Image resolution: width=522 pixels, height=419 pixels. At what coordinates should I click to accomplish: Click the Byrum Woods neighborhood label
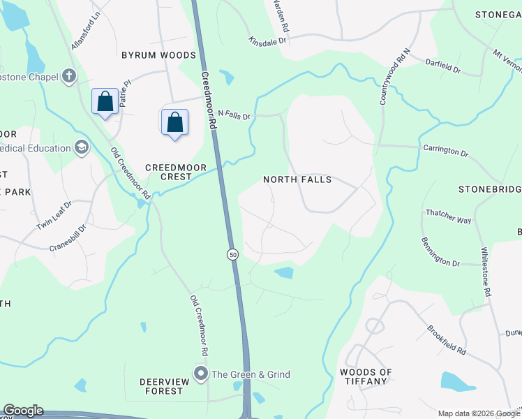click(x=158, y=55)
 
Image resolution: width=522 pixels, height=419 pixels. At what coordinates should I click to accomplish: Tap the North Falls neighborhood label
click(x=297, y=179)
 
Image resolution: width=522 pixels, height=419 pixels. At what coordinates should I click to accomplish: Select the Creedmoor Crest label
click(x=168, y=172)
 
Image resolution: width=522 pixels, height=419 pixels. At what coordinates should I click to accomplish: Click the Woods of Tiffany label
click(x=366, y=376)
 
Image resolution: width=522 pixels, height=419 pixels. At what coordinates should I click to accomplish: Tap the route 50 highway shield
click(x=232, y=255)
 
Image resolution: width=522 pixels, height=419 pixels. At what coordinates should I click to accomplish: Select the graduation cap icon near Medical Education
click(x=82, y=148)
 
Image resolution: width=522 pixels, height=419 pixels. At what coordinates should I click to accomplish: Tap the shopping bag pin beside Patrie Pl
click(x=105, y=102)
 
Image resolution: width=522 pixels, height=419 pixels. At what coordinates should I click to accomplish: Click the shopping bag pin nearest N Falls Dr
click(x=174, y=122)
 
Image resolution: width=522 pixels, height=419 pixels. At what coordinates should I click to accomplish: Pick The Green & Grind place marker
click(x=202, y=374)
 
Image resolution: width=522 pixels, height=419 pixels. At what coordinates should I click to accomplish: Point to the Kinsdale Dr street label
click(x=267, y=42)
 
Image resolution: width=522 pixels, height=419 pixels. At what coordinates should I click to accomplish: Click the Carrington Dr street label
click(x=445, y=149)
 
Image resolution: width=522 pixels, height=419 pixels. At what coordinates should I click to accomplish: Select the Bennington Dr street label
click(x=440, y=252)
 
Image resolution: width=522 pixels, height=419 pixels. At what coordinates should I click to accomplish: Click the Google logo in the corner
click(x=23, y=411)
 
